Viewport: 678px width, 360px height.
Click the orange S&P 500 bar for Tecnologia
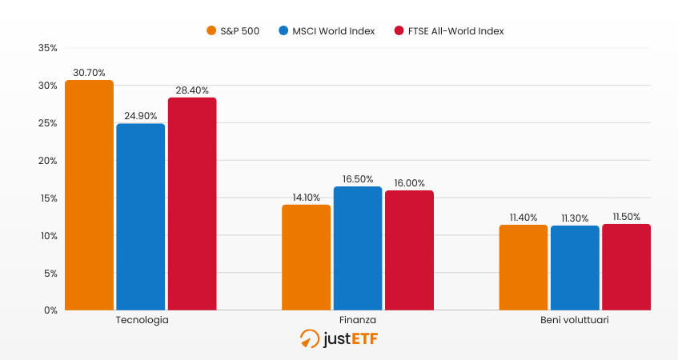tap(89, 195)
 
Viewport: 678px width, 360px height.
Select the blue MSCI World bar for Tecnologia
tap(141, 217)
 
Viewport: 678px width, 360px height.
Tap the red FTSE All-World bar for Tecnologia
tap(192, 204)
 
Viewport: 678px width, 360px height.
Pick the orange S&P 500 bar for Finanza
tap(306, 258)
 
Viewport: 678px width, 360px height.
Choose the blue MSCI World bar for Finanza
tap(358, 248)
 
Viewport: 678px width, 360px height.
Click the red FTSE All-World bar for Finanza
tap(409, 250)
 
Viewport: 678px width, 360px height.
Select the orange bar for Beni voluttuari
tap(524, 267)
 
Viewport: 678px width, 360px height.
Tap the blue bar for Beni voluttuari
tap(575, 268)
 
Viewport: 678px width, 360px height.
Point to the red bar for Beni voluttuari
tap(626, 267)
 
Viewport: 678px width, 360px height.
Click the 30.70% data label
tap(89, 72)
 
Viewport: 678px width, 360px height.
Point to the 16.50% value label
tap(358, 178)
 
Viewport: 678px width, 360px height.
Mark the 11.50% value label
tap(626, 216)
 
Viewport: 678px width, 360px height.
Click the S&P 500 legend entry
tap(233, 31)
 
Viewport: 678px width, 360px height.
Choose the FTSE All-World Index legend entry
tap(449, 31)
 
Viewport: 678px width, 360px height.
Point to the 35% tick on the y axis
tap(47, 48)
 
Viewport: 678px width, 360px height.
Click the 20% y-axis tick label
tap(47, 161)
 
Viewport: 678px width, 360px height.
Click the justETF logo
tap(339, 339)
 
